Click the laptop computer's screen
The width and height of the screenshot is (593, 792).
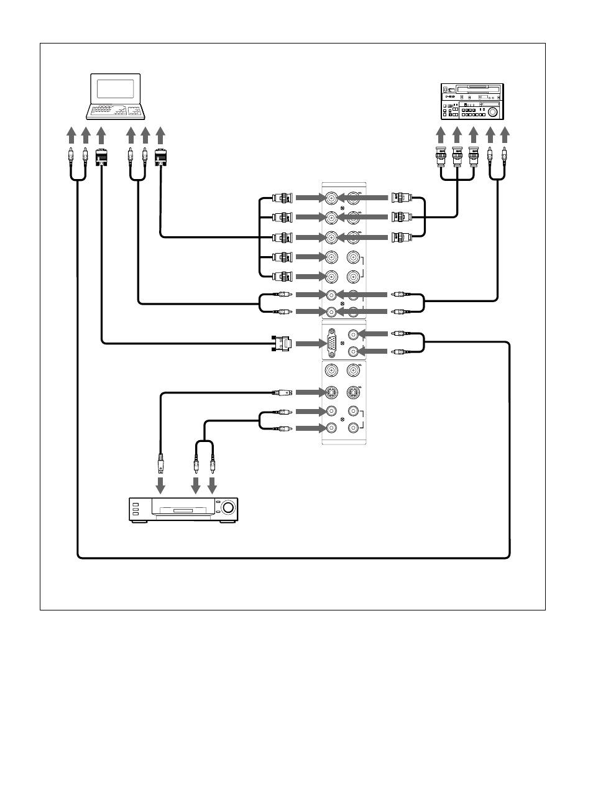(x=116, y=88)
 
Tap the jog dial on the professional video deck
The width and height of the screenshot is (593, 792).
(x=493, y=113)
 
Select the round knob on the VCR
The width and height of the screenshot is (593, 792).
(x=228, y=509)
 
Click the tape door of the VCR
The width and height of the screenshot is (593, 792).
(x=183, y=512)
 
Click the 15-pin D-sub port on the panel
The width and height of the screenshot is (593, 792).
(x=332, y=343)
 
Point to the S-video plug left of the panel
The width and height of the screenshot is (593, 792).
(x=282, y=392)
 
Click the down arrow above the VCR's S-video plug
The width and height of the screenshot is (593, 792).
(x=161, y=484)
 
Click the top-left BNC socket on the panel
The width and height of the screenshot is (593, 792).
(x=332, y=198)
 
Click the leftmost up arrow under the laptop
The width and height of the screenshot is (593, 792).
(x=70, y=135)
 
